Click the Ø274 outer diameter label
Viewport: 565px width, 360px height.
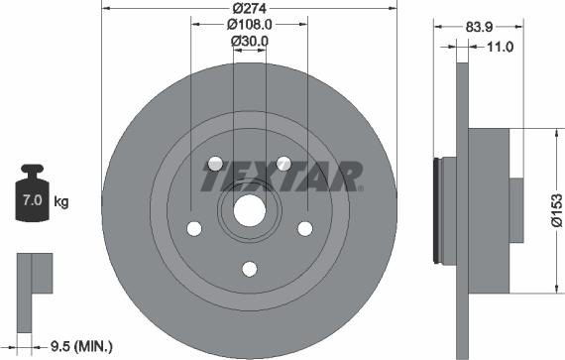(250, 8)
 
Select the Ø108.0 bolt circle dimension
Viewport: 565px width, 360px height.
(250, 25)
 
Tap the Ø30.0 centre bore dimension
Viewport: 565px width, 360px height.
(250, 41)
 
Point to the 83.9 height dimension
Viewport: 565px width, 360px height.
(479, 27)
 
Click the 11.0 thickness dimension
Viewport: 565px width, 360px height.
(500, 47)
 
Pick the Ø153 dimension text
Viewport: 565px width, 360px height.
(557, 211)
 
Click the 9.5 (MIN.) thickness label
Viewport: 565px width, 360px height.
(81, 347)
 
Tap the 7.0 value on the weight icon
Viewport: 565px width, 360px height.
(33, 199)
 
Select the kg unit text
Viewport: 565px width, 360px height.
(60, 201)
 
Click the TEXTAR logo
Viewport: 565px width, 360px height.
(282, 177)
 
